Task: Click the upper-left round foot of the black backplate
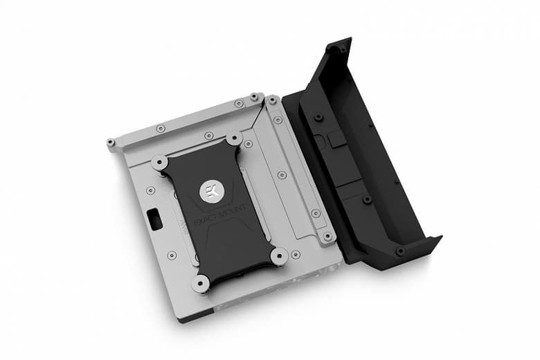tap(159, 163)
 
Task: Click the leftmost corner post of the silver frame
tap(111, 143)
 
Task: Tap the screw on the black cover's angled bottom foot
tap(399, 250)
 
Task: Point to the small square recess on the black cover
tap(336, 141)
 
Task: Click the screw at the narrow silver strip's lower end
tap(327, 237)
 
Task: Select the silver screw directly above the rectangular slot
tap(150, 189)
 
